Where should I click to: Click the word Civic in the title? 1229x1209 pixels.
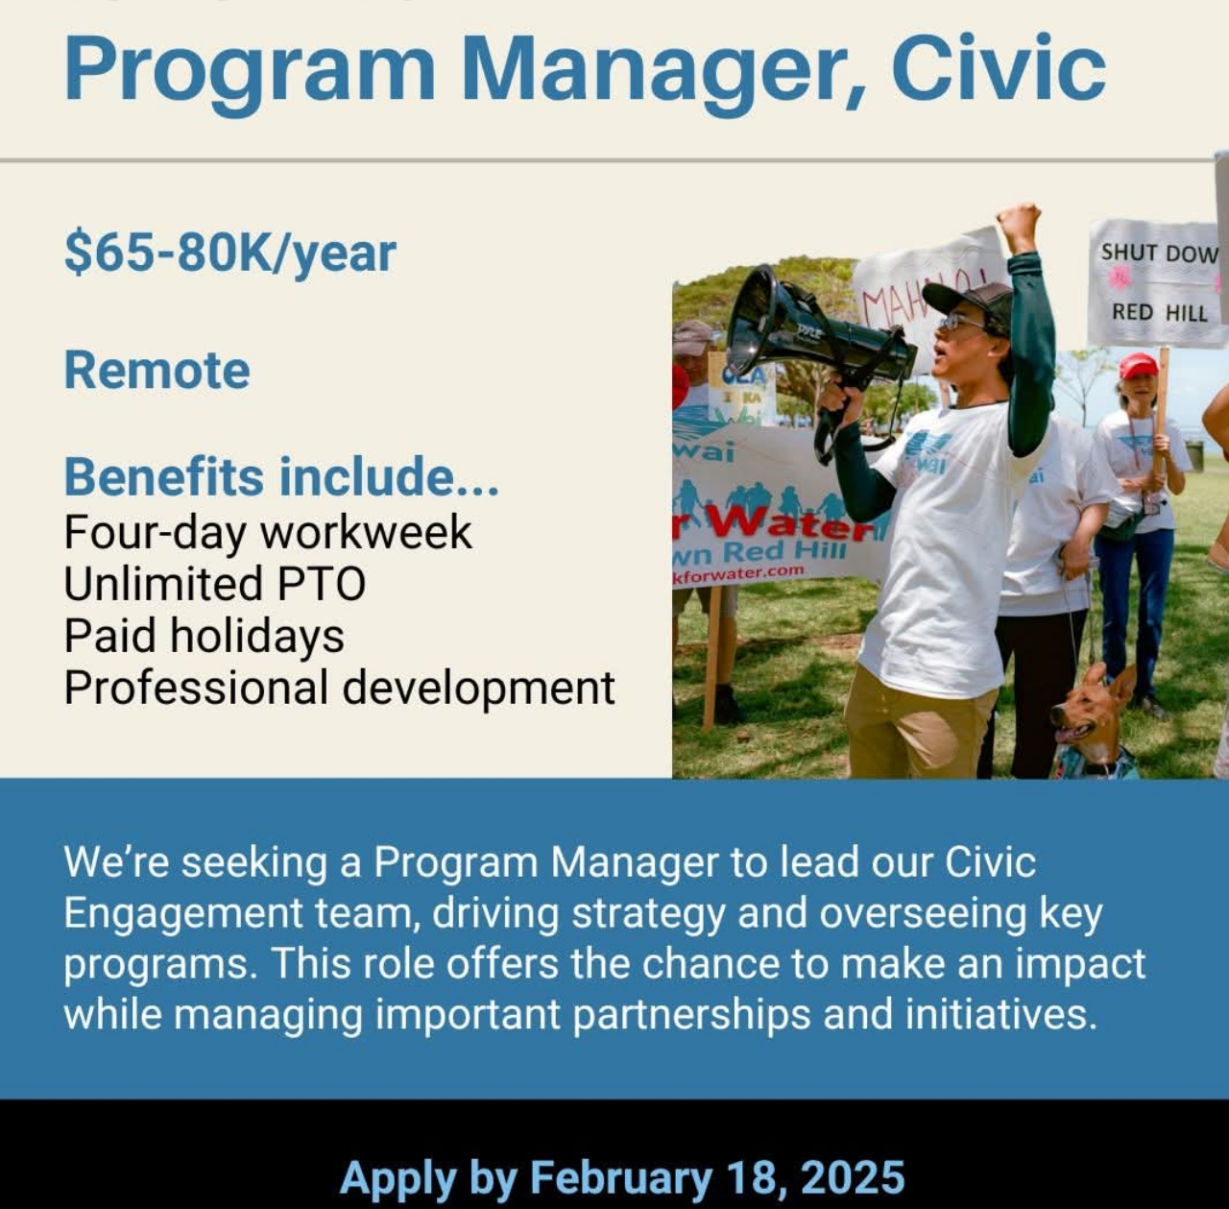point(998,69)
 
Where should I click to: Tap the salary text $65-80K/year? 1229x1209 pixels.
point(229,254)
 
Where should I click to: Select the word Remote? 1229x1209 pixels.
point(157,371)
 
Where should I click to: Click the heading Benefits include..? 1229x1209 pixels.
point(280,477)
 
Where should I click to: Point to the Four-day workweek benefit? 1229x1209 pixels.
point(268,532)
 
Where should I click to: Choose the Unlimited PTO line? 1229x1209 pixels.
point(214,584)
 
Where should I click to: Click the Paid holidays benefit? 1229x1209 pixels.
point(204,636)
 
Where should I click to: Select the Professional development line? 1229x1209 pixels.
point(339,688)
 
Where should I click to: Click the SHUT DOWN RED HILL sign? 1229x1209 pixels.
point(1157,282)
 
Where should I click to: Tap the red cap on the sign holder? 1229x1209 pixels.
point(1138,365)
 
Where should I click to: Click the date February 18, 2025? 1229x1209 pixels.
point(716,1177)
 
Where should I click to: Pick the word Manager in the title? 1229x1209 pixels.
point(662,69)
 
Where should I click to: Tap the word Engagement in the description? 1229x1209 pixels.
point(183,913)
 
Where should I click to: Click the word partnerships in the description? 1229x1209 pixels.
point(691,1014)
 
